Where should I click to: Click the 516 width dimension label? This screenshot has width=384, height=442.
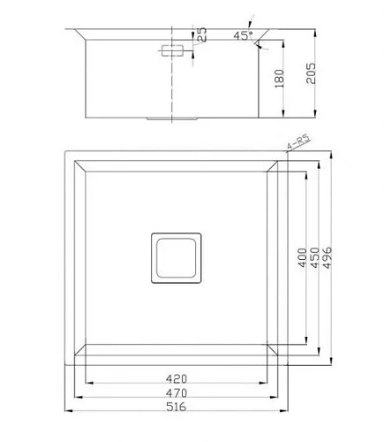177,407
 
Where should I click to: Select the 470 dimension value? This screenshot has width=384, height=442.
177,393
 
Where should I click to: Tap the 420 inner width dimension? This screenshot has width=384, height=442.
177,379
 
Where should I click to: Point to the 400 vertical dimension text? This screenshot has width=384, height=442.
303,257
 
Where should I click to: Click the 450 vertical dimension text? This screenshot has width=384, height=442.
315,257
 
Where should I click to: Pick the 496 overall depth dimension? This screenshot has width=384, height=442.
328,257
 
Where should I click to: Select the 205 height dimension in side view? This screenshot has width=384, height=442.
311,73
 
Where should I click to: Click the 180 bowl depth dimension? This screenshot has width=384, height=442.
279,79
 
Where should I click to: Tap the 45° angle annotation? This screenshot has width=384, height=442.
243,35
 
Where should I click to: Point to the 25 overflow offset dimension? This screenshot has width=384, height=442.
201,34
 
